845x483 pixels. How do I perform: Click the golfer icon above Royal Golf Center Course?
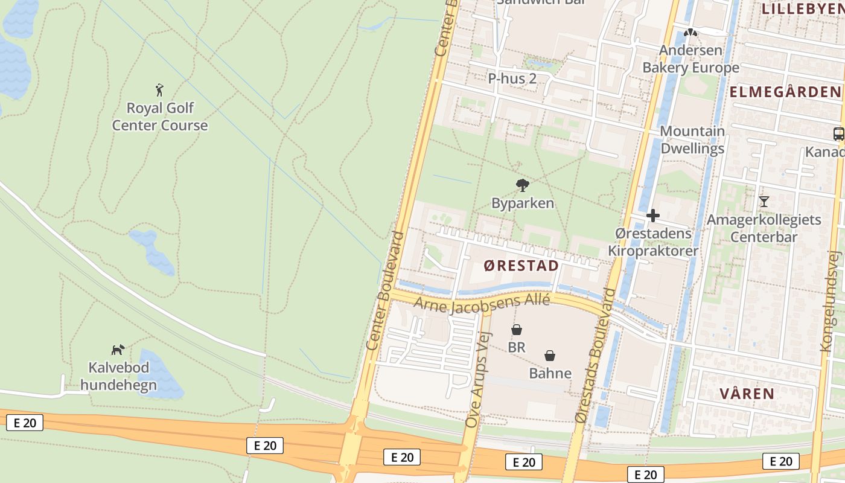point(159,90)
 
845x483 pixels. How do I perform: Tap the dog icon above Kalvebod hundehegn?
point(118,350)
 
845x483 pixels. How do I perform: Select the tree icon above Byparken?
point(522,185)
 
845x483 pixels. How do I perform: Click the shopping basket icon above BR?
point(517,330)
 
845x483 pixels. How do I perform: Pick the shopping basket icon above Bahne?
point(550,356)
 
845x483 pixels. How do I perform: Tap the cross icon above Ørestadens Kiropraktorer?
point(652,216)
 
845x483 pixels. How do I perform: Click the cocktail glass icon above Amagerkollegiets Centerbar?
point(764,201)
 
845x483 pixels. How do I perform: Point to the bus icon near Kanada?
point(838,134)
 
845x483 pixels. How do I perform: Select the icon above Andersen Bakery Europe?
point(690,33)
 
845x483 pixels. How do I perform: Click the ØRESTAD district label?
point(521,266)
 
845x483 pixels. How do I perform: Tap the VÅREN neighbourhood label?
point(747,394)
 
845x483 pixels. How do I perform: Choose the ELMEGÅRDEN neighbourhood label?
point(785,92)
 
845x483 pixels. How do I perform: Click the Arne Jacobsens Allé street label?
point(482,303)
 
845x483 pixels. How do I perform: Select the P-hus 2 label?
point(512,78)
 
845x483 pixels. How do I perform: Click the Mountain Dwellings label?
point(692,139)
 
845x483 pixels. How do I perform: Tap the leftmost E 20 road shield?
point(25,423)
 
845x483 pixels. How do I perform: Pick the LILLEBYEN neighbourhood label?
point(803,8)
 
